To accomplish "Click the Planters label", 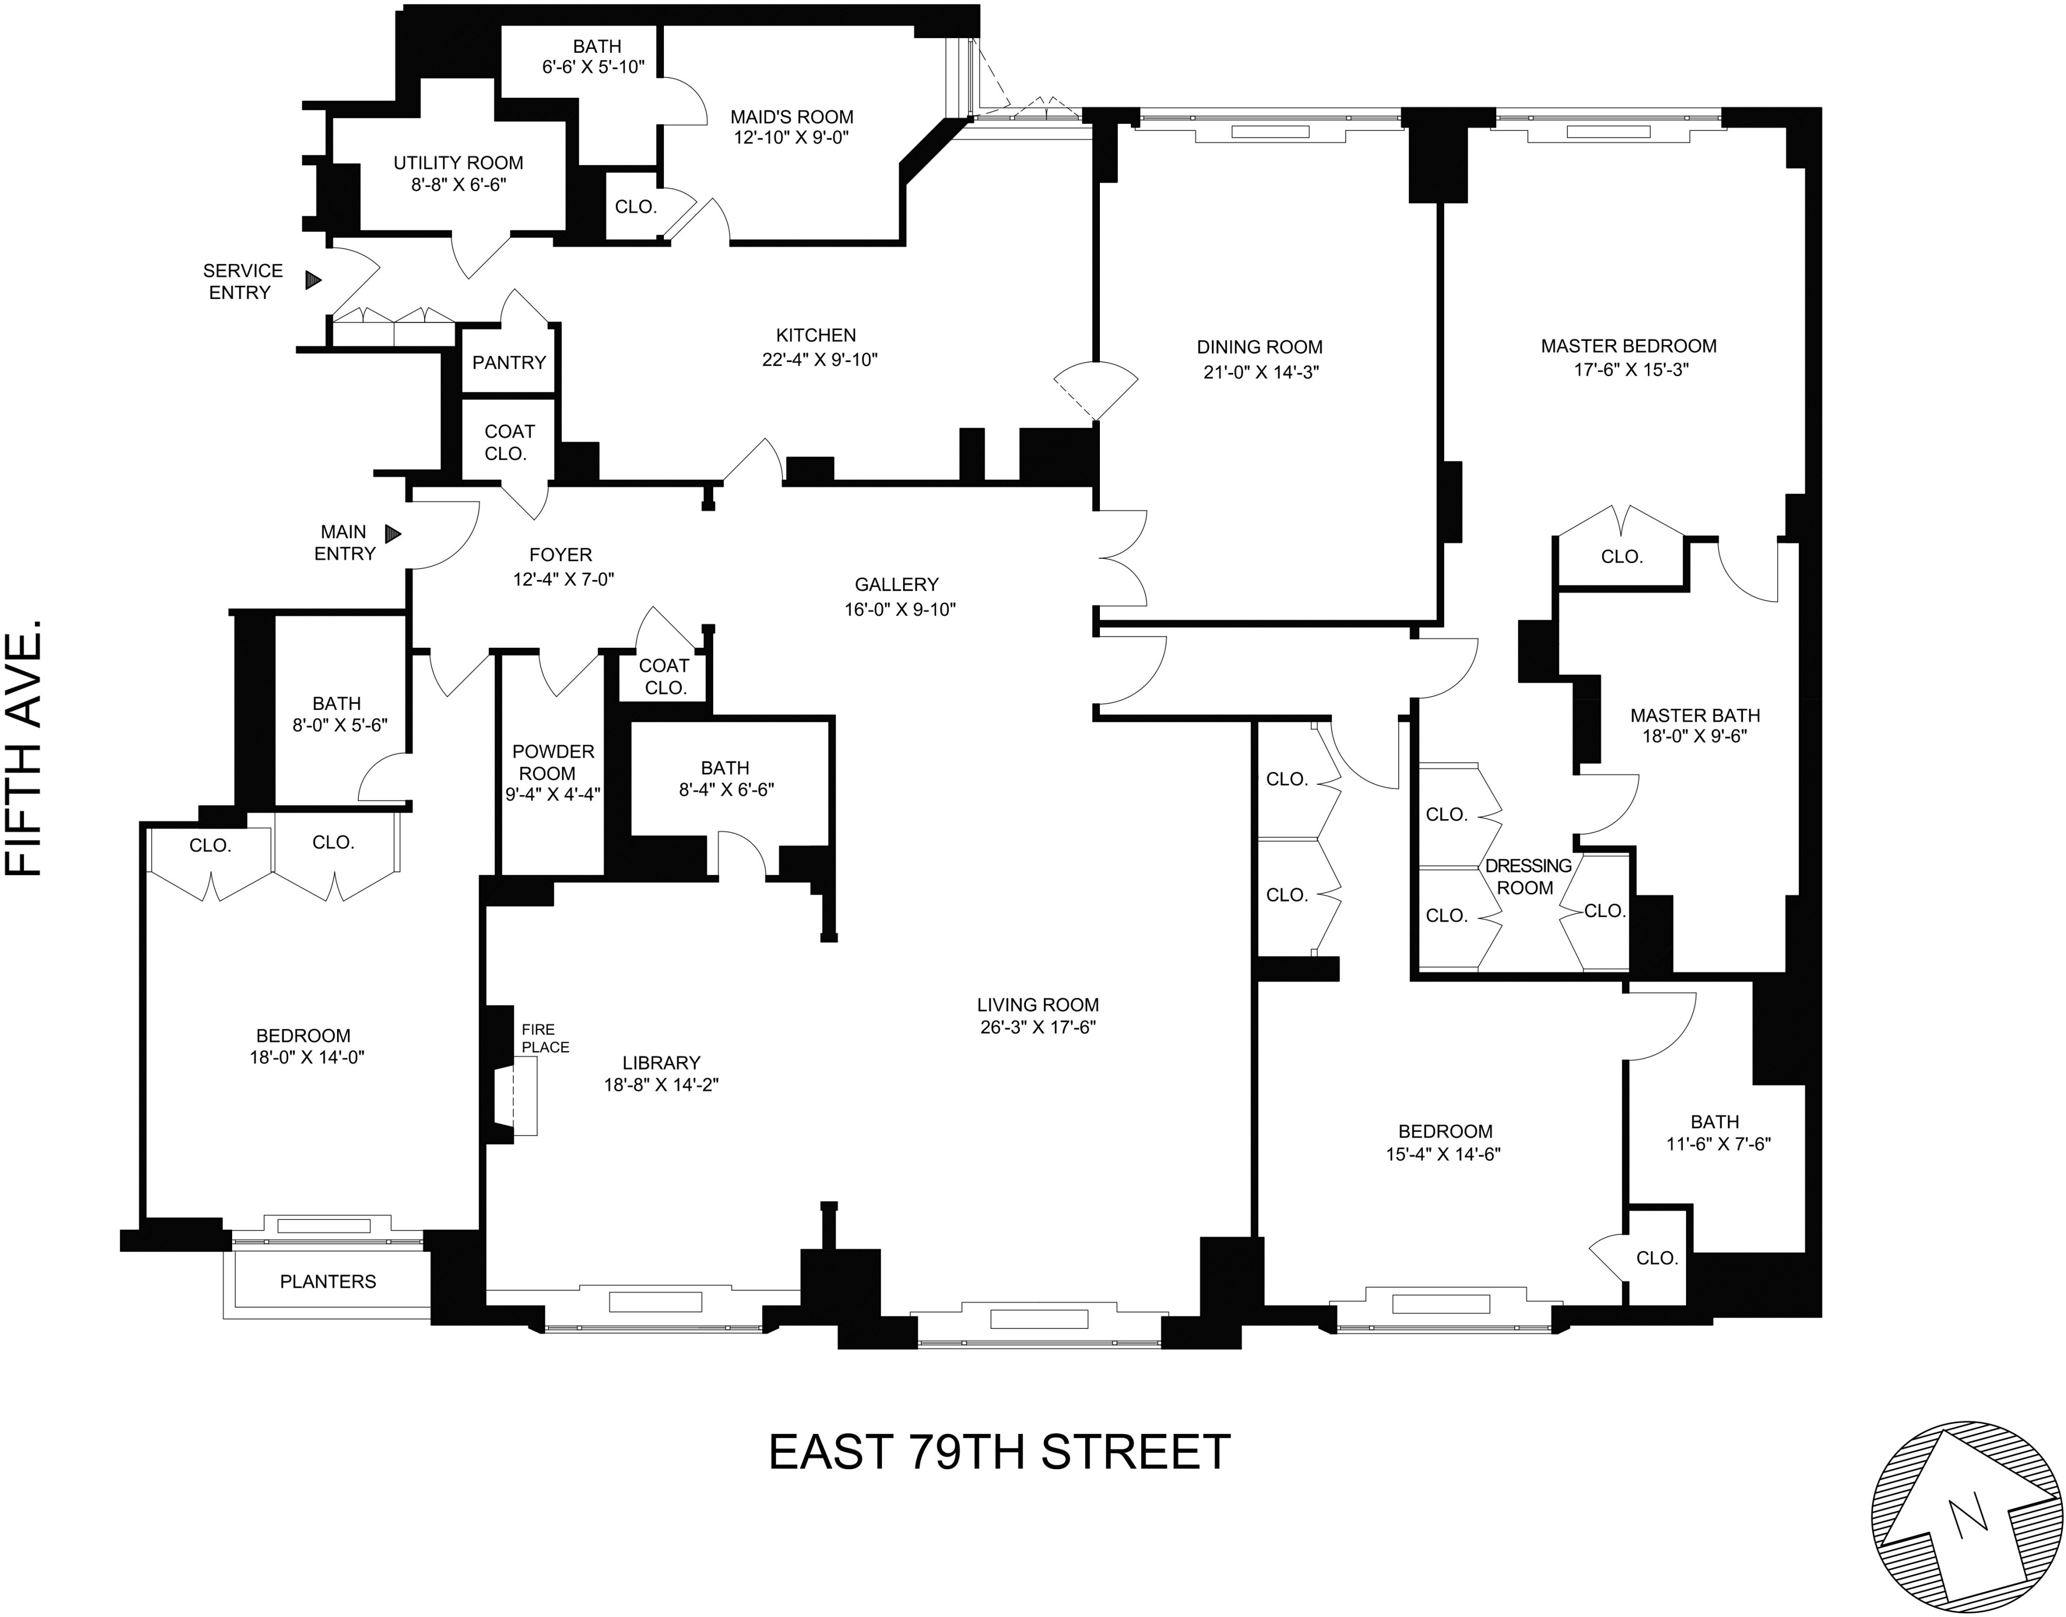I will tap(328, 1281).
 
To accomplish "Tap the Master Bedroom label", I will tap(1628, 347).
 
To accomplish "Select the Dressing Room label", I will tap(1527, 877).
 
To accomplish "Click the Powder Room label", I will tap(553, 762).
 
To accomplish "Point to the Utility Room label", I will tap(458, 163).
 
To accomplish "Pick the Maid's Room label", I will tap(792, 117).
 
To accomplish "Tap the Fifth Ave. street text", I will tap(26, 748).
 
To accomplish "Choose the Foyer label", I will tap(561, 555).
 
